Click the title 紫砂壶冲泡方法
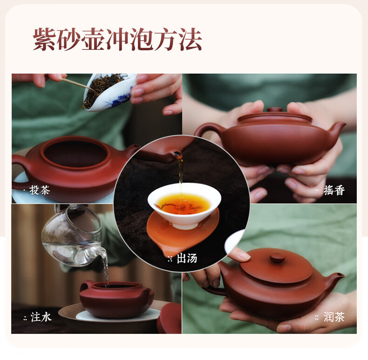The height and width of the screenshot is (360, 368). click(117, 40)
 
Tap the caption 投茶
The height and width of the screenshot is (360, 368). click(40, 190)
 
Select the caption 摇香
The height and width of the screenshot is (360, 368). click(334, 190)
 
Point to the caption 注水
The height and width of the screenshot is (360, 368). click(41, 317)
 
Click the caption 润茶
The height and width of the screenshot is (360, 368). click(334, 317)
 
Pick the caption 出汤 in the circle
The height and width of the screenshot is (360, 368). click(187, 258)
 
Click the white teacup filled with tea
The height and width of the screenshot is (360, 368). click(184, 205)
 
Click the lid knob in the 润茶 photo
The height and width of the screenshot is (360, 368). click(277, 258)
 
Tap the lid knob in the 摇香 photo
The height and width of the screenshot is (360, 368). click(274, 109)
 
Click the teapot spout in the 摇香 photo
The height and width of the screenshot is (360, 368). click(336, 131)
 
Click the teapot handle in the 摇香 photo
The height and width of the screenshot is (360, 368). click(206, 129)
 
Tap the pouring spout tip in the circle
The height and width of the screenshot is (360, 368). click(177, 155)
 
